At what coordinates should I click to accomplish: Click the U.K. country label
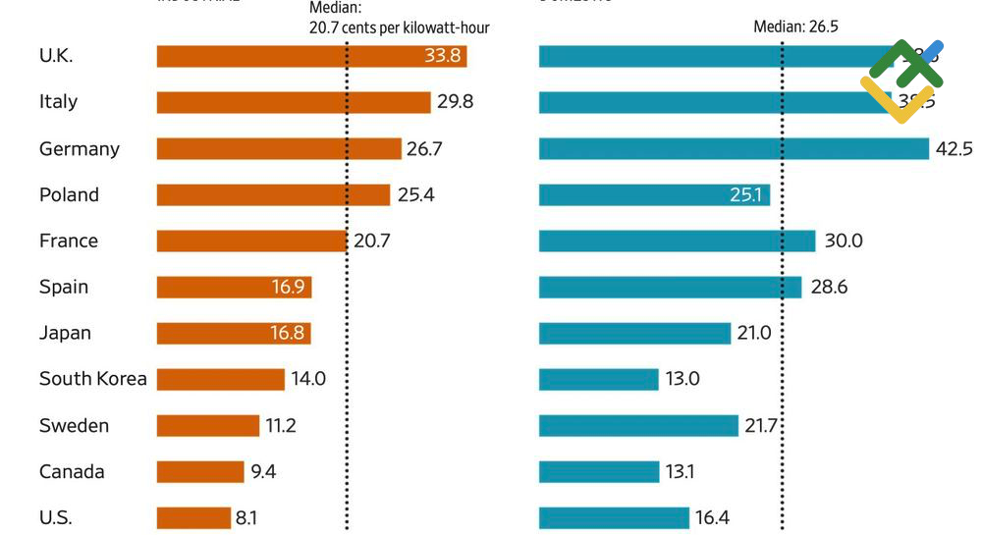tap(56, 56)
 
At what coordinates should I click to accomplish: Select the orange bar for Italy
tap(293, 102)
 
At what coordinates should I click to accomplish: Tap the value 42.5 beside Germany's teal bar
tap(954, 149)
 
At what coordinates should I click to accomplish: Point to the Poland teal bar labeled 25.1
tap(654, 195)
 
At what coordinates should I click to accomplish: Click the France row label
tap(68, 241)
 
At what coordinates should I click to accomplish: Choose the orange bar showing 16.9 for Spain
tap(234, 288)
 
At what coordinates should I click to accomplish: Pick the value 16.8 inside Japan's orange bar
tap(287, 334)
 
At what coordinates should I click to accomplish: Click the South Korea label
tap(92, 379)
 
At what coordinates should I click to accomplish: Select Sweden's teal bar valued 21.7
tap(638, 425)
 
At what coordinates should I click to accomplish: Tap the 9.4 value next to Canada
tap(263, 472)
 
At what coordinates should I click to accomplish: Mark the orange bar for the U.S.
tap(193, 518)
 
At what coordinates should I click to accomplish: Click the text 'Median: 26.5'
tap(795, 27)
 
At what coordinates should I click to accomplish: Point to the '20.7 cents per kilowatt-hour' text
tap(399, 27)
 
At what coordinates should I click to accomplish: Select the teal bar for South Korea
tap(598, 379)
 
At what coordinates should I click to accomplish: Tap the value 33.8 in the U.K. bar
tap(442, 56)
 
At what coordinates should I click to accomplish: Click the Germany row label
tap(79, 149)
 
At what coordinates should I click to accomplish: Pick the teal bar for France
tap(677, 241)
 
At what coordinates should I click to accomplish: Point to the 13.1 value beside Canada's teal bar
tap(680, 472)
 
